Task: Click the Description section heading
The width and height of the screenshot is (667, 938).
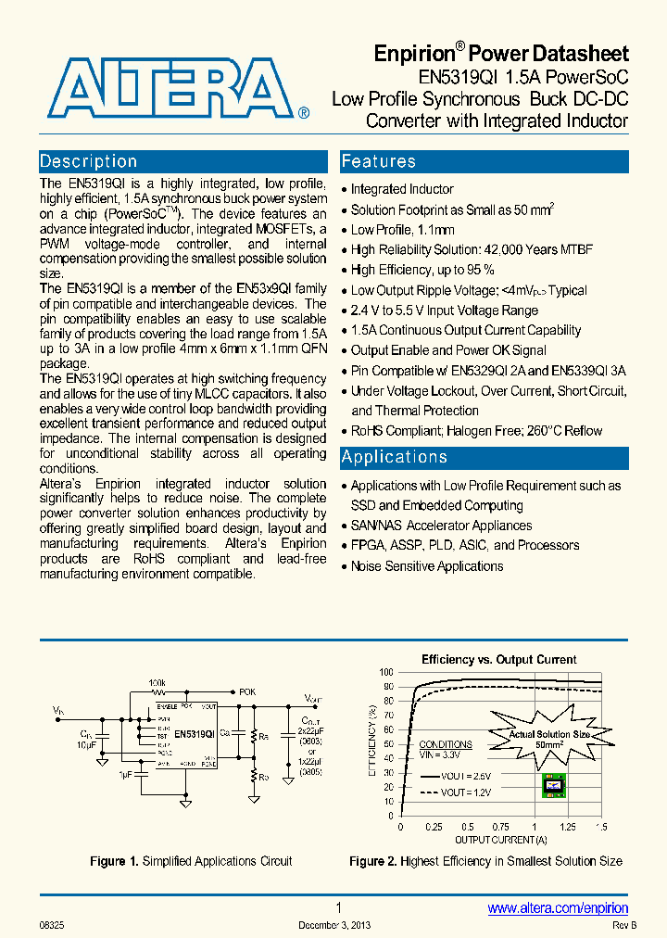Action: coord(89,161)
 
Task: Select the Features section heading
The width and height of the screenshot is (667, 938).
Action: coord(378,161)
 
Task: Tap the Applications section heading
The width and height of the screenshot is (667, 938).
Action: coord(394,457)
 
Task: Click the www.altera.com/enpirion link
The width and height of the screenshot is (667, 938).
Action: coord(558,908)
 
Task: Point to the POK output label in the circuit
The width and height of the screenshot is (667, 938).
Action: coord(247,691)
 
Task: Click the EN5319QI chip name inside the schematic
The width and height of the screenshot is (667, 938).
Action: coord(195,733)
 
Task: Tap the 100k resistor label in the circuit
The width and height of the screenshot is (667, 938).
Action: coord(157,682)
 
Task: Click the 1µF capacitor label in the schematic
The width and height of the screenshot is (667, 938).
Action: coord(125,772)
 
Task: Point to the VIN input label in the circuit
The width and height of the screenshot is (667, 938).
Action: coord(58,711)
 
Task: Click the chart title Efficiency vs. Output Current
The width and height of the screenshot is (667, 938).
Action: coord(498,660)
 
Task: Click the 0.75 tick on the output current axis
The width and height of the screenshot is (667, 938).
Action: coord(500,827)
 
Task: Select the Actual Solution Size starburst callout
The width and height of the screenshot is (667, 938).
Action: coord(548,738)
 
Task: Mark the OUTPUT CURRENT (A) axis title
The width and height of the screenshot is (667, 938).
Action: coord(500,840)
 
